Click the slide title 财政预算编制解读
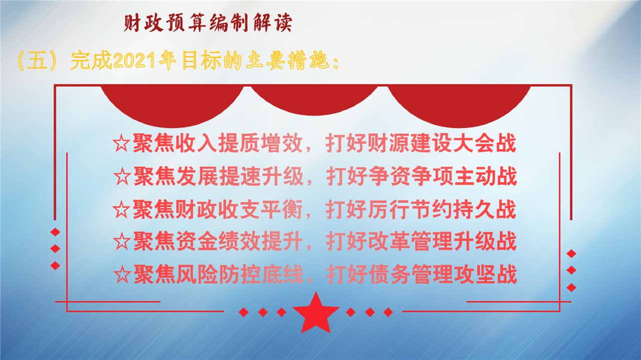(208, 23)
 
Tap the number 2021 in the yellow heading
(134, 61)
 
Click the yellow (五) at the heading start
(37, 61)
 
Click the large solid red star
(316, 313)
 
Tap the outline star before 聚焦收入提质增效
(121, 143)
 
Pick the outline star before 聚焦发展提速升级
(122, 176)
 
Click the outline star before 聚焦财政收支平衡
(121, 209)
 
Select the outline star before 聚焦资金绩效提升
(122, 241)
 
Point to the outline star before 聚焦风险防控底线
(122, 274)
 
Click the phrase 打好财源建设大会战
(421, 143)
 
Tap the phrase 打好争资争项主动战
(422, 176)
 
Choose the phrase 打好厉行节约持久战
(421, 209)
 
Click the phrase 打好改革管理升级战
(421, 241)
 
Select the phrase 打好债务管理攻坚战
(422, 274)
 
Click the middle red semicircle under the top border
(314, 100)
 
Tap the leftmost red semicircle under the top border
(172, 106)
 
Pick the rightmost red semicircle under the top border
(459, 106)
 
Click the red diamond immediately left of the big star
(281, 312)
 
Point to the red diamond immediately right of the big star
(351, 312)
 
